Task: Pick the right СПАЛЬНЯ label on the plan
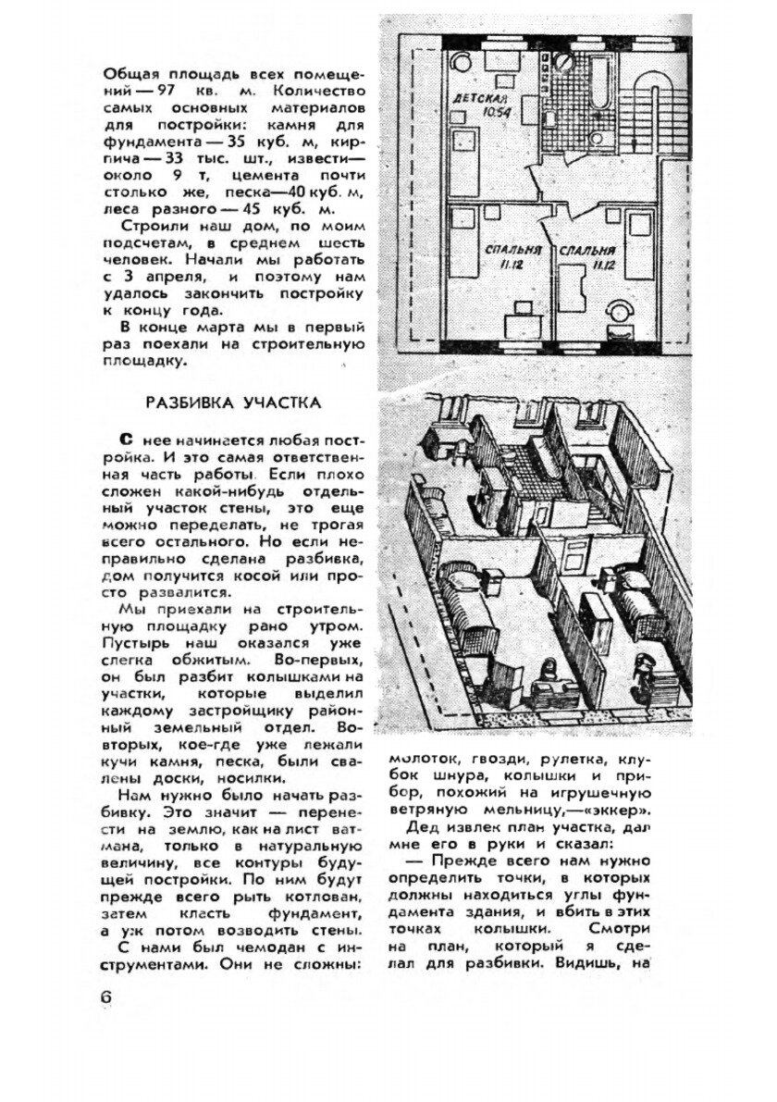click(586, 250)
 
